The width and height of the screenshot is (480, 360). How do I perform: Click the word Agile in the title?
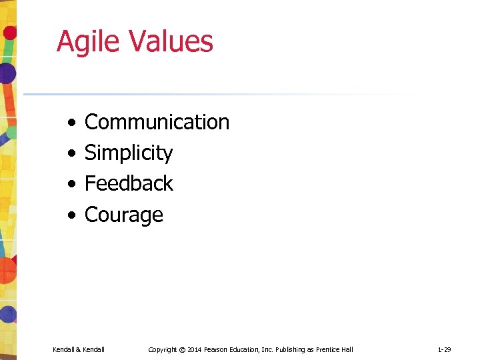click(89, 41)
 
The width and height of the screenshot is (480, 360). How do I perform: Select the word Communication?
click(157, 122)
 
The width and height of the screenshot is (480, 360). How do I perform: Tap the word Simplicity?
click(129, 153)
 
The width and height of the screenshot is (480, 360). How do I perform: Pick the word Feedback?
click(129, 183)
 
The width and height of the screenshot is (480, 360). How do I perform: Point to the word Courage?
click(124, 215)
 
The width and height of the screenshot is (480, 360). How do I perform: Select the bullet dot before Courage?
click(71, 215)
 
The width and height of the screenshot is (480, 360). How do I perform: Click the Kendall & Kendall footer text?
click(79, 349)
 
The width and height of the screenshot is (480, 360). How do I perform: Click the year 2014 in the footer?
click(195, 349)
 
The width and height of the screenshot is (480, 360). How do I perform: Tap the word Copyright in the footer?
click(163, 349)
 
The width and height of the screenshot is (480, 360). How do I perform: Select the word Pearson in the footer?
click(218, 349)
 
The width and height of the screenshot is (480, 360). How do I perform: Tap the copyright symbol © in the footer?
click(182, 349)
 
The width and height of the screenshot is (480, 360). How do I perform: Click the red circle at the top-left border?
click(9, 32)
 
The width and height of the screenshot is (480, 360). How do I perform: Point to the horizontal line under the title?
click(200, 94)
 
